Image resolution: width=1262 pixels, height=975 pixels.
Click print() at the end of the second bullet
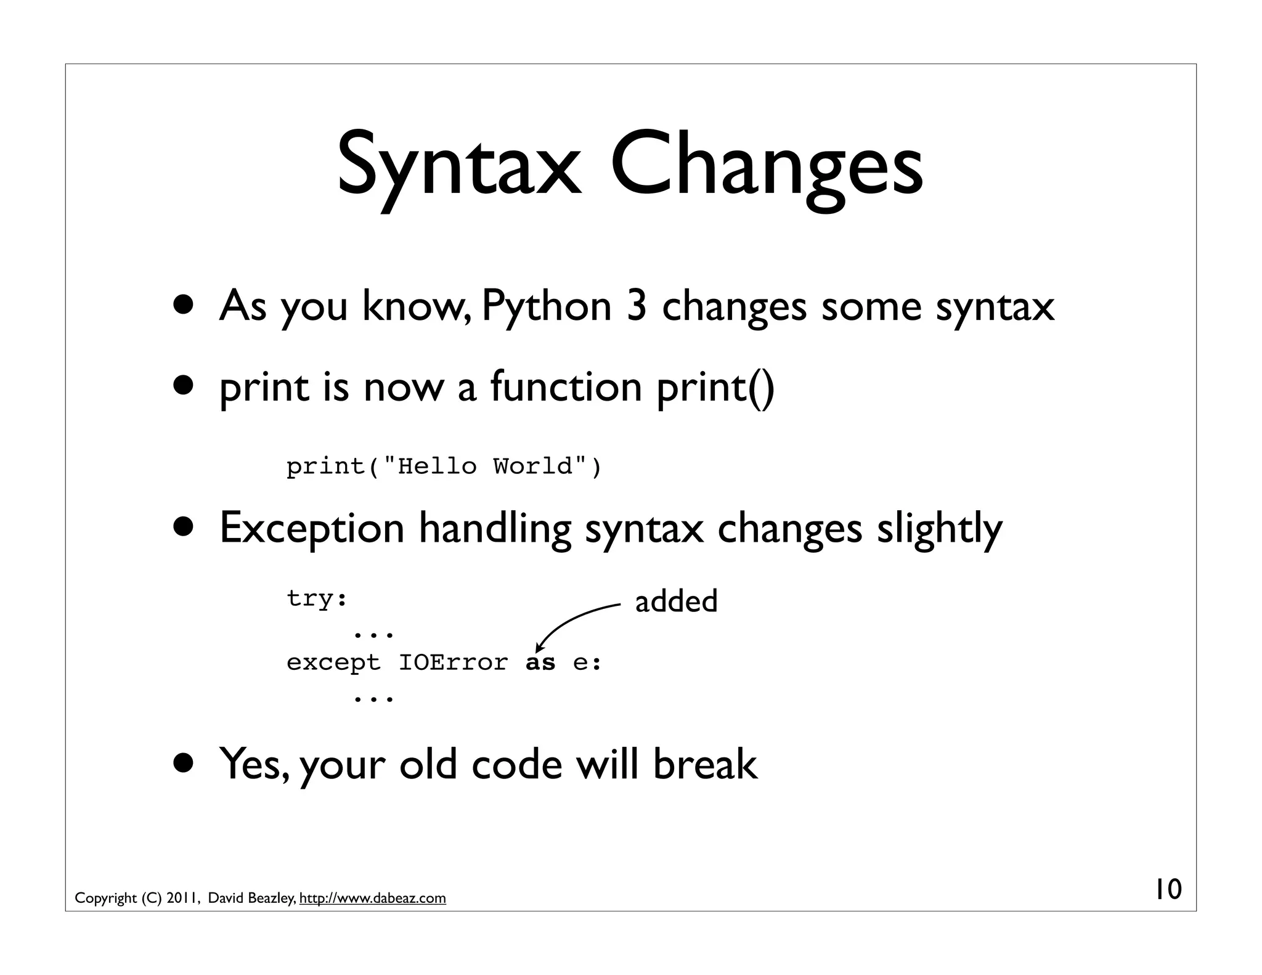(715, 388)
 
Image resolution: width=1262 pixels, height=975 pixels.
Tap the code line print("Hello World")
(444, 467)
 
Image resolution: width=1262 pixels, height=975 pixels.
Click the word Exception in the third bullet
(312, 528)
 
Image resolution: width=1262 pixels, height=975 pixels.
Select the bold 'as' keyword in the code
(540, 663)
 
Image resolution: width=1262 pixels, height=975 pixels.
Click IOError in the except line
(454, 663)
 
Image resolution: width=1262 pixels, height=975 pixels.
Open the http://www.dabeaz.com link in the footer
(372, 898)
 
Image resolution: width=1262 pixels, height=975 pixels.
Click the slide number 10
(1168, 889)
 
